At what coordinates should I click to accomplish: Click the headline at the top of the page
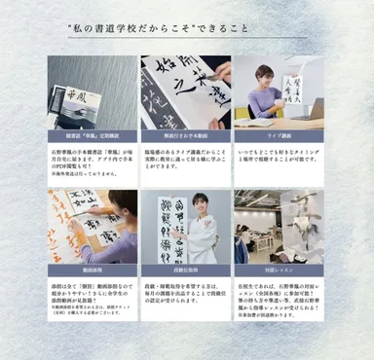tap(186, 31)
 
